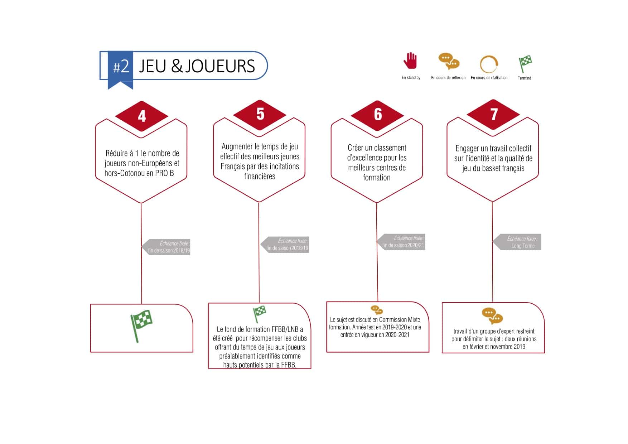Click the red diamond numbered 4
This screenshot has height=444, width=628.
142,116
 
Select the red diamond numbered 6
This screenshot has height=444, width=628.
378,115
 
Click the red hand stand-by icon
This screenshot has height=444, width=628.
410,61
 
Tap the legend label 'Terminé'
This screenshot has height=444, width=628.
524,78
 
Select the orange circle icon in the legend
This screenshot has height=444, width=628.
489,64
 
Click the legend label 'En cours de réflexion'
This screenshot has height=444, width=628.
448,78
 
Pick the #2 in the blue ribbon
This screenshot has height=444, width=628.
121,67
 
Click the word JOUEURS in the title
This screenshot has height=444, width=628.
220,67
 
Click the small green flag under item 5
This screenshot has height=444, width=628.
259,314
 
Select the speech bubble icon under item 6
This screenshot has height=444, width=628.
377,310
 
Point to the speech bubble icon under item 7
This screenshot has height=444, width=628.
492,316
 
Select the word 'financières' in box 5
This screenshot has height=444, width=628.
260,176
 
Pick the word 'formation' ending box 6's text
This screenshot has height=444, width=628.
377,178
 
